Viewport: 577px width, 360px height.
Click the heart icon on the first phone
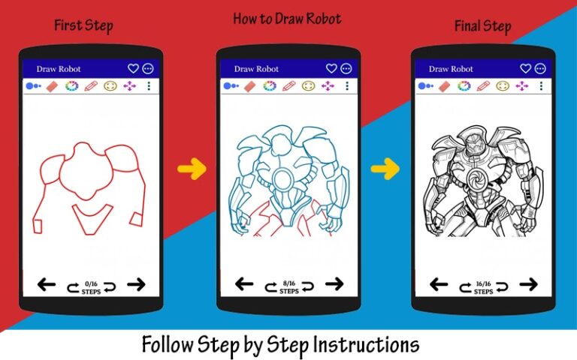point(133,68)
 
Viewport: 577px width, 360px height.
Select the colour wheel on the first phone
point(71,86)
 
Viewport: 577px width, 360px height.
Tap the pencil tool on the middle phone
point(288,85)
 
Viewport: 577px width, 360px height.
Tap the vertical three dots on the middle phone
point(346,85)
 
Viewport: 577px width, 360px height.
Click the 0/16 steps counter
point(91,286)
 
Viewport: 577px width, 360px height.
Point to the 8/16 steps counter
point(288,286)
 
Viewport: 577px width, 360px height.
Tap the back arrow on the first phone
point(47,284)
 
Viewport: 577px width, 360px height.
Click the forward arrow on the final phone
point(529,284)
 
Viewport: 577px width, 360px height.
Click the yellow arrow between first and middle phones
point(192,169)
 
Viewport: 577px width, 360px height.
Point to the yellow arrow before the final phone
point(385,169)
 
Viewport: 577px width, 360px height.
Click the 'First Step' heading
point(83,25)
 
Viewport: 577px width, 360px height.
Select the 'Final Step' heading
point(482,27)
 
